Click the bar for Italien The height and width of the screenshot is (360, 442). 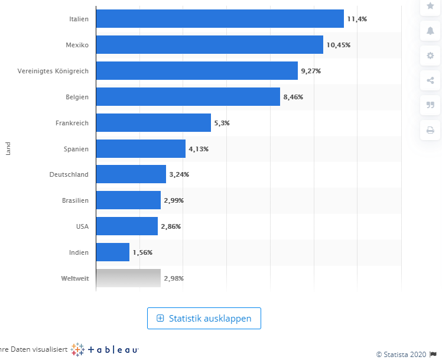click(219, 18)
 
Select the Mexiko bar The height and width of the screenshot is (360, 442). click(209, 44)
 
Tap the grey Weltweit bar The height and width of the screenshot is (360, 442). click(128, 278)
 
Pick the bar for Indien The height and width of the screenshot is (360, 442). click(112, 252)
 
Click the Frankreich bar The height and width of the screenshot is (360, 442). click(153, 122)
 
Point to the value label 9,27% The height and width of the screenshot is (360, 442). click(311, 71)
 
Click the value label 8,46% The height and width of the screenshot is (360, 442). click(293, 97)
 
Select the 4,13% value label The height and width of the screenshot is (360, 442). click(199, 149)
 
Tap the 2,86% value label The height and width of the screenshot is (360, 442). click(171, 227)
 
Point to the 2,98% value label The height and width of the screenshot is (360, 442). click(174, 278)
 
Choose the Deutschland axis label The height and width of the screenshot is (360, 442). click(69, 174)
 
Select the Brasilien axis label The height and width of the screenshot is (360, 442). click(75, 200)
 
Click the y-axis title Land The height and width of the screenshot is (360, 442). click(8, 148)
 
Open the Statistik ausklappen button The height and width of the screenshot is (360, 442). click(204, 318)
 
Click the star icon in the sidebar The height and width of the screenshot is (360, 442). click(430, 5)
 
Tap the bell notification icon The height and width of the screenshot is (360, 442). click(430, 31)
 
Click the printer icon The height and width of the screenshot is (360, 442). click(430, 130)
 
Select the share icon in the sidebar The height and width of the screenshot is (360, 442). click(430, 80)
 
